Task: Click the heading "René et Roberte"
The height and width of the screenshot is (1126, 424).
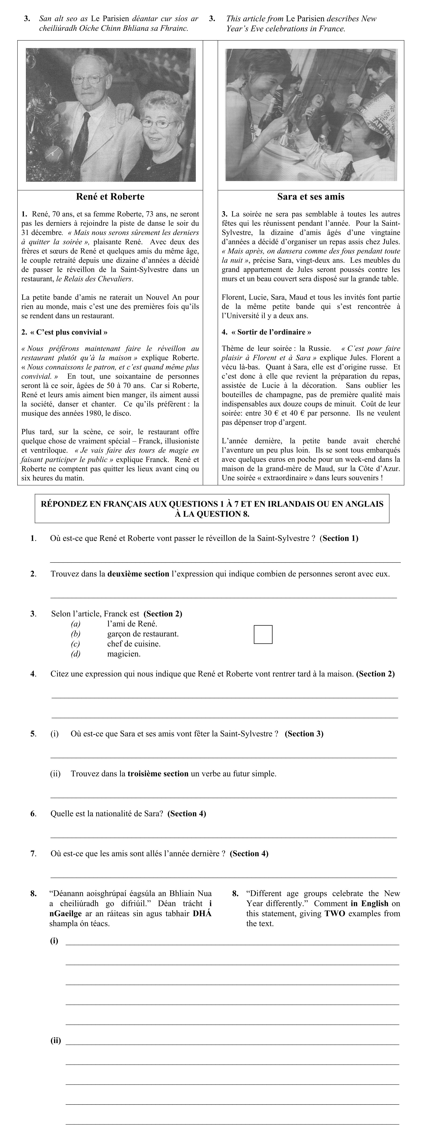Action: click(x=110, y=197)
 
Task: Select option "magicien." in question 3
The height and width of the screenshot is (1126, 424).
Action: click(x=124, y=654)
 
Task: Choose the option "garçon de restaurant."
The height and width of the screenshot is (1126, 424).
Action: click(x=142, y=634)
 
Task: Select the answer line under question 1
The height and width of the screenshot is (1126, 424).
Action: click(x=225, y=561)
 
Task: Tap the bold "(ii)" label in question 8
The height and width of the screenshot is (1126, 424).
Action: click(x=56, y=1040)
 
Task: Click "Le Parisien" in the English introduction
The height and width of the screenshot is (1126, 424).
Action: click(x=305, y=19)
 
